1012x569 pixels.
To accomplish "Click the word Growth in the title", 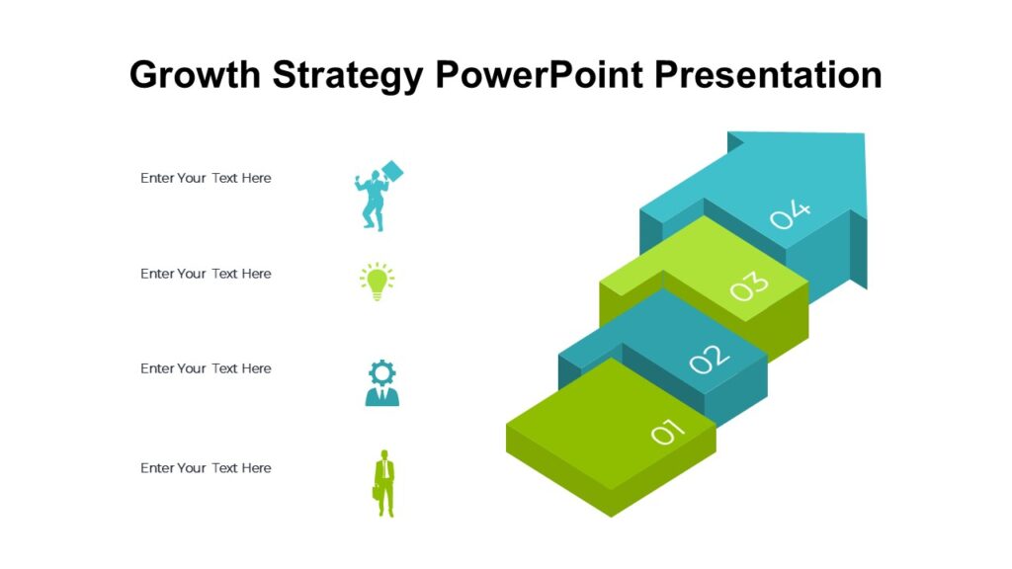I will pos(194,75).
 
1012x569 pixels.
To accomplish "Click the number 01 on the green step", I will pos(667,433).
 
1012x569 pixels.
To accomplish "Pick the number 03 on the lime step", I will pos(749,285).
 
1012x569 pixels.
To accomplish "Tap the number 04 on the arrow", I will pos(791,213).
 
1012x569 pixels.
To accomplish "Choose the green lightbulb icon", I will pos(377,281).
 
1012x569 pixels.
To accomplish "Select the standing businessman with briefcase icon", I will pos(383,483).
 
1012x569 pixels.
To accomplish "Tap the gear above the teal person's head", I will pos(381,372).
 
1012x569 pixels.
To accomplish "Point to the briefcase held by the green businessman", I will pos(377,491).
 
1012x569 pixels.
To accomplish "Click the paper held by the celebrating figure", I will pos(393,171).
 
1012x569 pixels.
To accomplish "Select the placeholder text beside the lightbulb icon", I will pos(206,274).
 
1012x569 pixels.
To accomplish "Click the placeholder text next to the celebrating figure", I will pos(206,178).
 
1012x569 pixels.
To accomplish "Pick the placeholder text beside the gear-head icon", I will pos(206,368).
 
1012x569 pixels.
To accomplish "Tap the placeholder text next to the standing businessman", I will pos(206,468).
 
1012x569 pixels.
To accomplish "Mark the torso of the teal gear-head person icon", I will pos(382,397).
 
